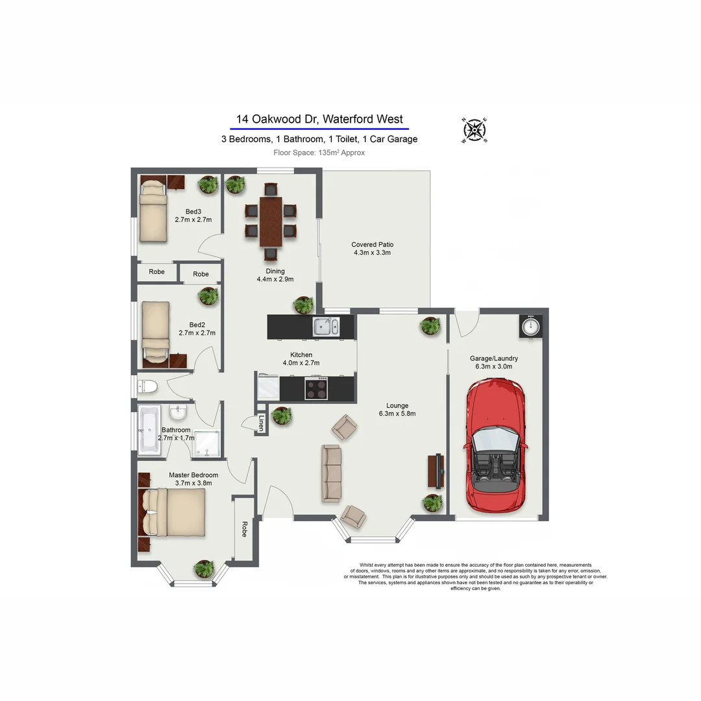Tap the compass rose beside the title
(x=474, y=130)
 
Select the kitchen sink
(x=326, y=326)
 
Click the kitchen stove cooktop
(x=316, y=388)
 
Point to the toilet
(x=147, y=386)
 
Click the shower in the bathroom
(x=206, y=443)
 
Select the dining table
(x=271, y=222)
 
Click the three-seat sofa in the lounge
(x=331, y=473)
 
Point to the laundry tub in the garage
(x=531, y=326)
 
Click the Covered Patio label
(x=373, y=249)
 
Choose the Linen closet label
(x=262, y=423)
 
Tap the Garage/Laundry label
(x=494, y=362)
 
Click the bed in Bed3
(x=153, y=209)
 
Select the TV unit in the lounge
(x=436, y=471)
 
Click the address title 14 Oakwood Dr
(x=319, y=119)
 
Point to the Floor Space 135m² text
(x=319, y=153)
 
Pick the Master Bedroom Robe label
(x=245, y=529)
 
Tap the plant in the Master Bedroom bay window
(x=204, y=569)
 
